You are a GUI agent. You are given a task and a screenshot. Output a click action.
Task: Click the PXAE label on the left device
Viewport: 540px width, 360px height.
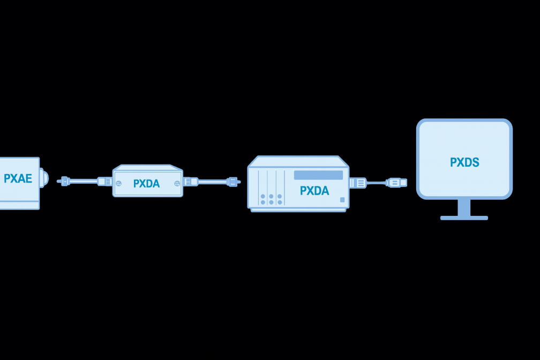[x=18, y=179]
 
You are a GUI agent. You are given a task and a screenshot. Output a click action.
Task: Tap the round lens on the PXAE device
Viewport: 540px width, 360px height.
[x=44, y=178]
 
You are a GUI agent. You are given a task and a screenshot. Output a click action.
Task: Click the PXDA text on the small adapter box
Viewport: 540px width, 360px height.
[x=146, y=184]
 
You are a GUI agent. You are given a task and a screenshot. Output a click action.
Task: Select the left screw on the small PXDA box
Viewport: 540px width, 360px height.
[x=118, y=183]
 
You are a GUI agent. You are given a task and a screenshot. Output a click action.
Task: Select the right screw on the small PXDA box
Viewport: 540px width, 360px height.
[x=177, y=183]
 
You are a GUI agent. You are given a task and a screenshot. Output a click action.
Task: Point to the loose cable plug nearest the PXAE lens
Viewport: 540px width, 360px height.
[x=65, y=181]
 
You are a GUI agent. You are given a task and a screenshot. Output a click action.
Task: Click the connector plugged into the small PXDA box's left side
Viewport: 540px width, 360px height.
[x=105, y=182]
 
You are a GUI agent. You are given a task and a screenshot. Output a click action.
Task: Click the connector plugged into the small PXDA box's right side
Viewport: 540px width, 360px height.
[x=191, y=182]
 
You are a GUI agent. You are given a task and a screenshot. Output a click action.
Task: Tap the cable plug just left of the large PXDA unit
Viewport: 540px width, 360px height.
[x=232, y=182]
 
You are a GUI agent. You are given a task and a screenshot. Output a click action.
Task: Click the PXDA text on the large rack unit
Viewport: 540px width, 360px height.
[x=314, y=191]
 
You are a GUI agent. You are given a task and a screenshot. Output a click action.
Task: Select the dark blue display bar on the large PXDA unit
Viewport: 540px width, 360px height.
[x=318, y=175]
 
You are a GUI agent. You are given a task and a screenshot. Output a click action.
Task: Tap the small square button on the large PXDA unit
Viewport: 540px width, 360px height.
[x=342, y=200]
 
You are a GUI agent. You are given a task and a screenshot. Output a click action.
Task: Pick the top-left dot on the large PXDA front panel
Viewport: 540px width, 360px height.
[x=263, y=196]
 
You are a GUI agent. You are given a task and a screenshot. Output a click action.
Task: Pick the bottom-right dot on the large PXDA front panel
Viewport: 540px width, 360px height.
[x=280, y=202]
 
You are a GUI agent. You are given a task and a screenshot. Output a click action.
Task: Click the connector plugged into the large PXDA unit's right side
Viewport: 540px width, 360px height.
[x=358, y=183]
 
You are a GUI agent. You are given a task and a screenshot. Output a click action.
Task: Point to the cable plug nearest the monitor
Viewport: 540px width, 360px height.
[x=396, y=183]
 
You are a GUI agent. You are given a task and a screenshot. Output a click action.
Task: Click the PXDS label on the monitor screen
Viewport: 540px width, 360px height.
[x=464, y=162]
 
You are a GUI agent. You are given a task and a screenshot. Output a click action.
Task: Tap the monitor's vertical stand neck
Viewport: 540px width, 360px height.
[x=464, y=207]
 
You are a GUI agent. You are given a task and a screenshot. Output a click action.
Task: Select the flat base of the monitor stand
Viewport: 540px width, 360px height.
[x=464, y=218]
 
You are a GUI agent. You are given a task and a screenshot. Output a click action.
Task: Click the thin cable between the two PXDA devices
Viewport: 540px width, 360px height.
[x=212, y=182]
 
